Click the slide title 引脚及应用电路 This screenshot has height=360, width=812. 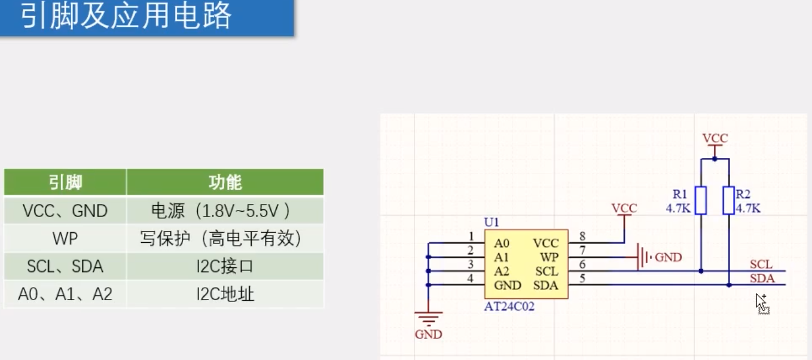[127, 16]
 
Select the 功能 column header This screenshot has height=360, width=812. [225, 182]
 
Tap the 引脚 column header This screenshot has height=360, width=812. [65, 182]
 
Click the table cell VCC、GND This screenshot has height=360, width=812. [65, 210]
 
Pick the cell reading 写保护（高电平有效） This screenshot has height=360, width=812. [225, 239]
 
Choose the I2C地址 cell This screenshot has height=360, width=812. [225, 294]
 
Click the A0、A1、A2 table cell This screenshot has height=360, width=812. [65, 294]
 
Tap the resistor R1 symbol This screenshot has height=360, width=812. [701, 200]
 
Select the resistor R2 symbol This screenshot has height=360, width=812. [728, 200]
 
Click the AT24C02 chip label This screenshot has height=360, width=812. [509, 307]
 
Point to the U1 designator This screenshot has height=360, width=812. [492, 222]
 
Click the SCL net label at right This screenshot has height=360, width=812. [761, 264]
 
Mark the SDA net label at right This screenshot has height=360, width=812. [762, 279]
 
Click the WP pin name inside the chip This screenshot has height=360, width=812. [549, 257]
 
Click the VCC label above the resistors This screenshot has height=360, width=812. [715, 138]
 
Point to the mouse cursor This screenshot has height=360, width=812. [761, 302]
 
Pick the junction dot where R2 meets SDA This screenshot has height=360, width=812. [729, 285]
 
